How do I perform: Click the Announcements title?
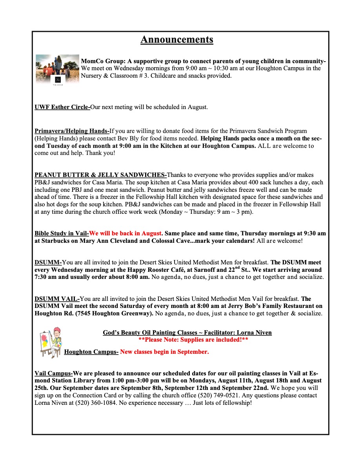[x=177, y=40]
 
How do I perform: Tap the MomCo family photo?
[x=57, y=69]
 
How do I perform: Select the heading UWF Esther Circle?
[x=62, y=107]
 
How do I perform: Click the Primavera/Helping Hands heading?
[x=72, y=131]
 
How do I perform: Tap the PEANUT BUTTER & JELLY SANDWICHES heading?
[x=100, y=175]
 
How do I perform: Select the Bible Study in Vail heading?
[x=62, y=233]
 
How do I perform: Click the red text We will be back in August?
[x=126, y=233]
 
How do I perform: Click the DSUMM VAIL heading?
[x=57, y=299]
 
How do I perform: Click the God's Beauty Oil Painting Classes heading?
[x=187, y=333]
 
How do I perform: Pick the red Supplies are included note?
[x=193, y=340]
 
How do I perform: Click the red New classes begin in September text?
[x=164, y=352]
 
